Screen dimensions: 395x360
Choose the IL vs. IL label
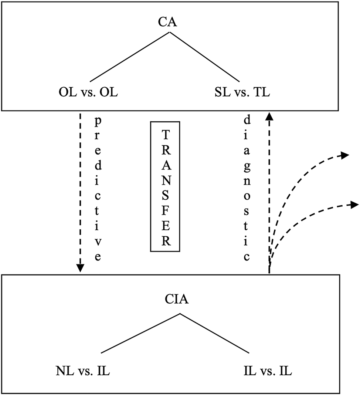[268, 371]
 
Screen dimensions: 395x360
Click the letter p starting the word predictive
[98, 121]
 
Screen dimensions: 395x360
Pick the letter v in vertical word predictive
[98, 244]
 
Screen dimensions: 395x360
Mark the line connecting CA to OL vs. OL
[129, 57]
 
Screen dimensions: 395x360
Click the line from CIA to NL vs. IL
[140, 333]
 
